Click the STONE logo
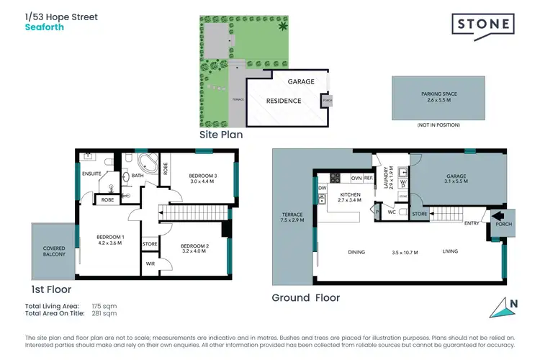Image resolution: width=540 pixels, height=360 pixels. (x=482, y=25)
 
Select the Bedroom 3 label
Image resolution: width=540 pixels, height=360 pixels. (x=203, y=179)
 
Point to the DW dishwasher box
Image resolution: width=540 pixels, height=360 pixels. (x=322, y=189)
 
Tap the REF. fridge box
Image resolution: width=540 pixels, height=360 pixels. (x=367, y=178)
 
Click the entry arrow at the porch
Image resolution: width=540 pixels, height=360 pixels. (x=498, y=217)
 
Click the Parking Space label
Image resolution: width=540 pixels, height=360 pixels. (x=439, y=96)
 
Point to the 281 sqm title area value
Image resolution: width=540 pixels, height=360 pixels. (x=104, y=313)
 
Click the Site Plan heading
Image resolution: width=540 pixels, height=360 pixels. (x=221, y=135)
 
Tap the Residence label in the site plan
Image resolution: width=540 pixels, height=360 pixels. (x=283, y=101)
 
